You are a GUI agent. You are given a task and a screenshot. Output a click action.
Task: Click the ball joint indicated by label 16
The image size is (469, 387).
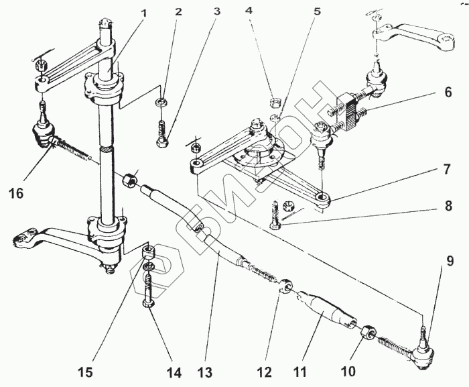coord(42,134)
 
